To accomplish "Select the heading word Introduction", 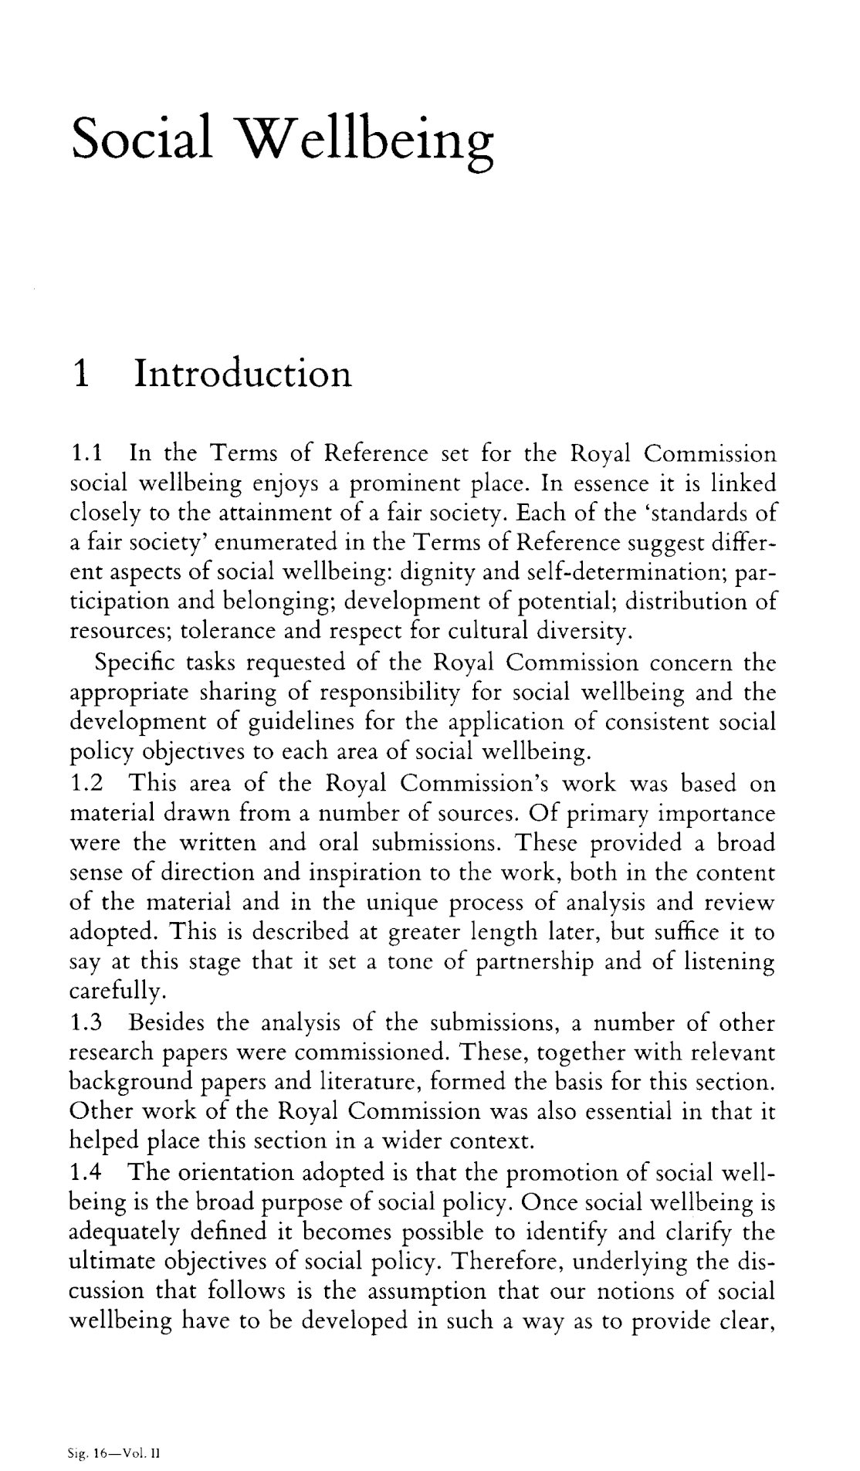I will [x=242, y=374].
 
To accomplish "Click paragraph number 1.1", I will [x=85, y=454].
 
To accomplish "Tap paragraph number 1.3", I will [x=86, y=1024].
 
